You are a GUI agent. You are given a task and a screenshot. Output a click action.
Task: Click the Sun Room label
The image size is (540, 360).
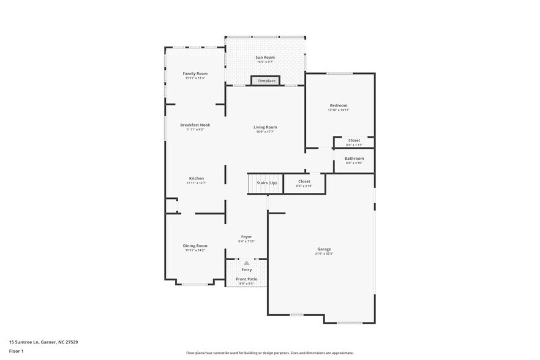(266, 58)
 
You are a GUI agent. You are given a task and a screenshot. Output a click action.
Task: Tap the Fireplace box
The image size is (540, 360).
(266, 81)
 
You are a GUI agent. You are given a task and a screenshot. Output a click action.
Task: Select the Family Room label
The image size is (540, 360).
(195, 73)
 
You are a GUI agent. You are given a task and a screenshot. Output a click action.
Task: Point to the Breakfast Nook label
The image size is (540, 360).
(195, 125)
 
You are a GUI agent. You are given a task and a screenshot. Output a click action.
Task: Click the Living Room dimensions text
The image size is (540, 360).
(266, 132)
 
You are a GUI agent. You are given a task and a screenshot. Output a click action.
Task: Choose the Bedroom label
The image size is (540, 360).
(338, 105)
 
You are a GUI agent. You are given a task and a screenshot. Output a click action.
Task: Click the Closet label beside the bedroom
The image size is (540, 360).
(354, 140)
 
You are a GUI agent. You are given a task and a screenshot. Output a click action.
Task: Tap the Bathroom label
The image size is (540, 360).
(354, 159)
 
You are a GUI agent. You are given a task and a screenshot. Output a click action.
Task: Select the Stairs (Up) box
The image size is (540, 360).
(264, 184)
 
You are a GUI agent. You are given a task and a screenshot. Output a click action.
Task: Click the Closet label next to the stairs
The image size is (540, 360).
(304, 181)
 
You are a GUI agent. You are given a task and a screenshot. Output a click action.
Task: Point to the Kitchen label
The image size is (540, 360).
(196, 179)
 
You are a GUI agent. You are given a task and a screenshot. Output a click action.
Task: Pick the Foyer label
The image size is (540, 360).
(246, 237)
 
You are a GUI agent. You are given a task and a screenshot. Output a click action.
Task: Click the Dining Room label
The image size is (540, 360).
(195, 246)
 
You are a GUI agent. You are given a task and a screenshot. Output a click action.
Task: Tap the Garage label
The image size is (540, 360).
(324, 249)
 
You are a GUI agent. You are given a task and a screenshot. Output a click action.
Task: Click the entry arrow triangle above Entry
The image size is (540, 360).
(247, 263)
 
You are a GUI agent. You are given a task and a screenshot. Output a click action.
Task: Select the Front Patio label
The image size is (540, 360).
(247, 279)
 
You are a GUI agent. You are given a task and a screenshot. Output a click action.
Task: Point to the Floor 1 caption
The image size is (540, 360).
(17, 351)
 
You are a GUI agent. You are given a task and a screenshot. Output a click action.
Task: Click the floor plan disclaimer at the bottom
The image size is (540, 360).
(269, 353)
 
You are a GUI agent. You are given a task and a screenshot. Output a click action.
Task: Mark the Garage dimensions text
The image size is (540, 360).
(324, 253)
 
